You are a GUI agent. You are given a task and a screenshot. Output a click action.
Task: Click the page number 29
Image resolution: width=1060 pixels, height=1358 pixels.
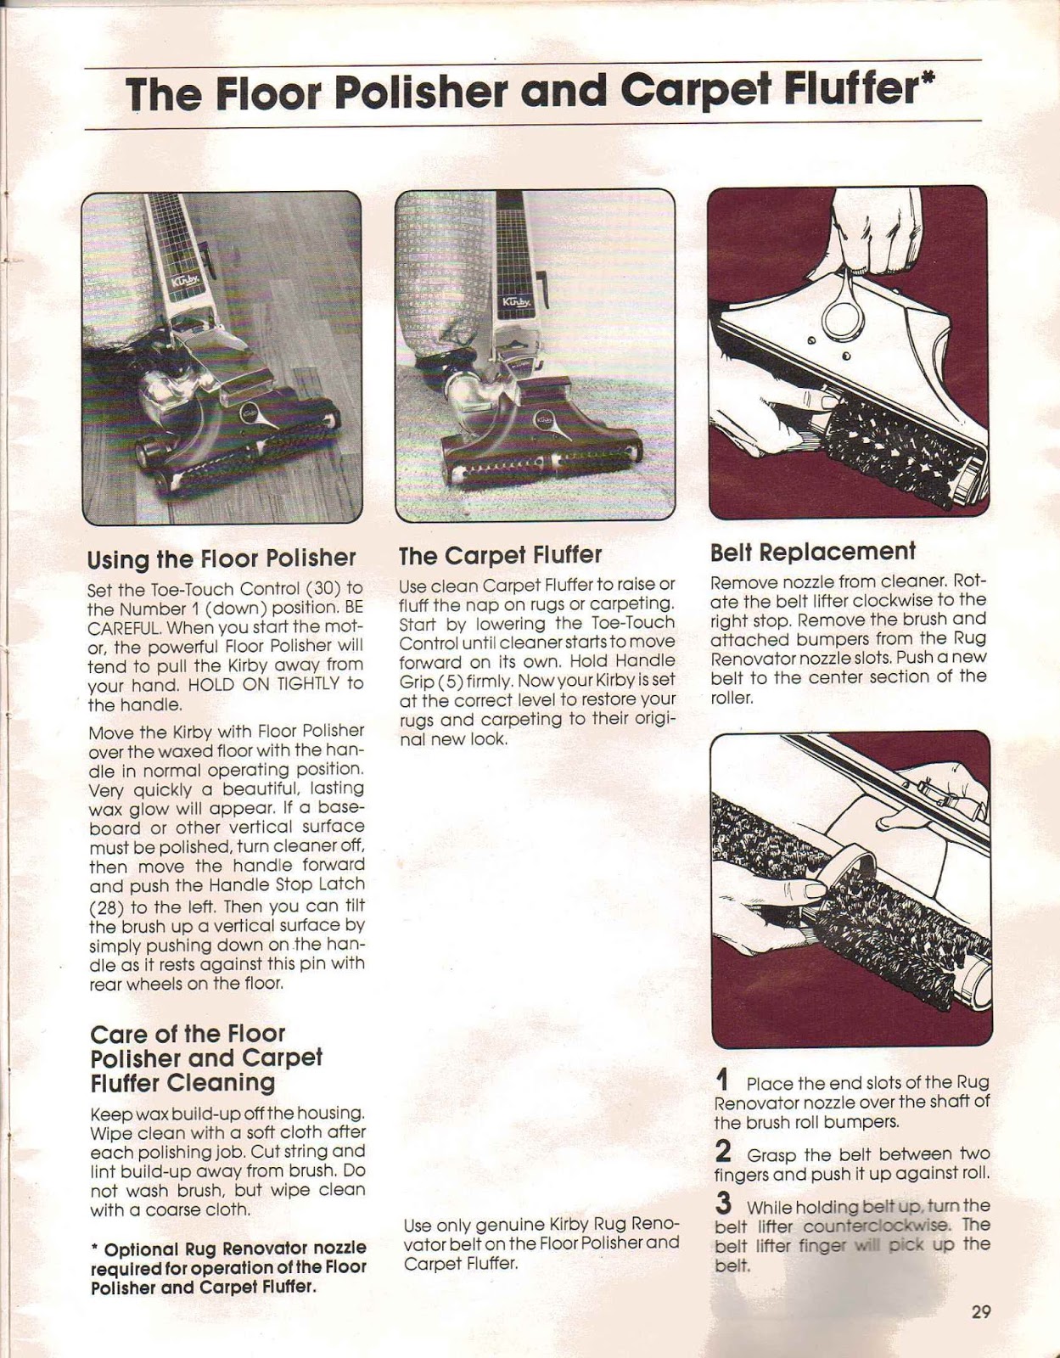[981, 1311]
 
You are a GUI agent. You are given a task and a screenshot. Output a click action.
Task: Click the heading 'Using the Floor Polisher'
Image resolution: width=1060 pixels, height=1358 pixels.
[222, 558]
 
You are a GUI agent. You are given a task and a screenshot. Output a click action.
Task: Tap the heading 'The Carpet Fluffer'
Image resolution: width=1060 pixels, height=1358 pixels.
[500, 555]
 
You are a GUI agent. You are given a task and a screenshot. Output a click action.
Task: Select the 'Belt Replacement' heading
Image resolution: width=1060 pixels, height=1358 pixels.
[812, 552]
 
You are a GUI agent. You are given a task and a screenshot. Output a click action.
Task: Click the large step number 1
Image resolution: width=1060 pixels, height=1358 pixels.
[722, 1080]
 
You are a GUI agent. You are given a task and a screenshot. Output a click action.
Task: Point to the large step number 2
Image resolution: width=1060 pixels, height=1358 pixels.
[723, 1152]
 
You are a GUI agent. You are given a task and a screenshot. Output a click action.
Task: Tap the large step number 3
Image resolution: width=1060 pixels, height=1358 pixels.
[723, 1204]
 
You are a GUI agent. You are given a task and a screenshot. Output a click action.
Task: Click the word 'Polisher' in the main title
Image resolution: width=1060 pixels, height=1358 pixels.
[418, 93]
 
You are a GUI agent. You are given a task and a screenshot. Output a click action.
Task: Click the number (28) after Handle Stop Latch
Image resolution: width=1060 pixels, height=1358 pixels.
[107, 906]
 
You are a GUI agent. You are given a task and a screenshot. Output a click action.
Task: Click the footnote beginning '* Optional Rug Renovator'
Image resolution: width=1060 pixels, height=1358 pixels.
[227, 1266]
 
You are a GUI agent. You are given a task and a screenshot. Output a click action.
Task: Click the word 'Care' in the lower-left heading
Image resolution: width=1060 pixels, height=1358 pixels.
[119, 1034]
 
